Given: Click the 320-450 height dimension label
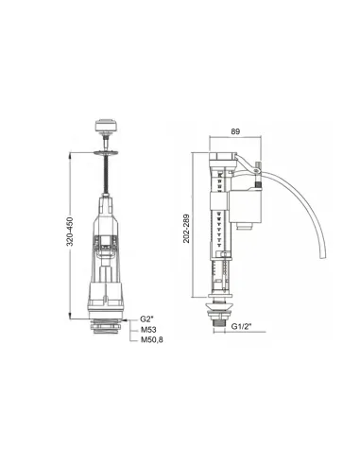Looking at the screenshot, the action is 70,232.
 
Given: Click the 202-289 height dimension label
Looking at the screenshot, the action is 186,229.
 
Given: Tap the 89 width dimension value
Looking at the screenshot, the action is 235,131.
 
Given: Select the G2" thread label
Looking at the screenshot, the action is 146,319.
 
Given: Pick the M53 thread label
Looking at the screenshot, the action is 148,330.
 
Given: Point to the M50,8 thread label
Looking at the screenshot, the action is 152,340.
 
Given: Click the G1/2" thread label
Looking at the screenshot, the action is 243,326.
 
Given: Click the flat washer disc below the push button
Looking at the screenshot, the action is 106,153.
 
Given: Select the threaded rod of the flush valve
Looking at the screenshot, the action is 106,175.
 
